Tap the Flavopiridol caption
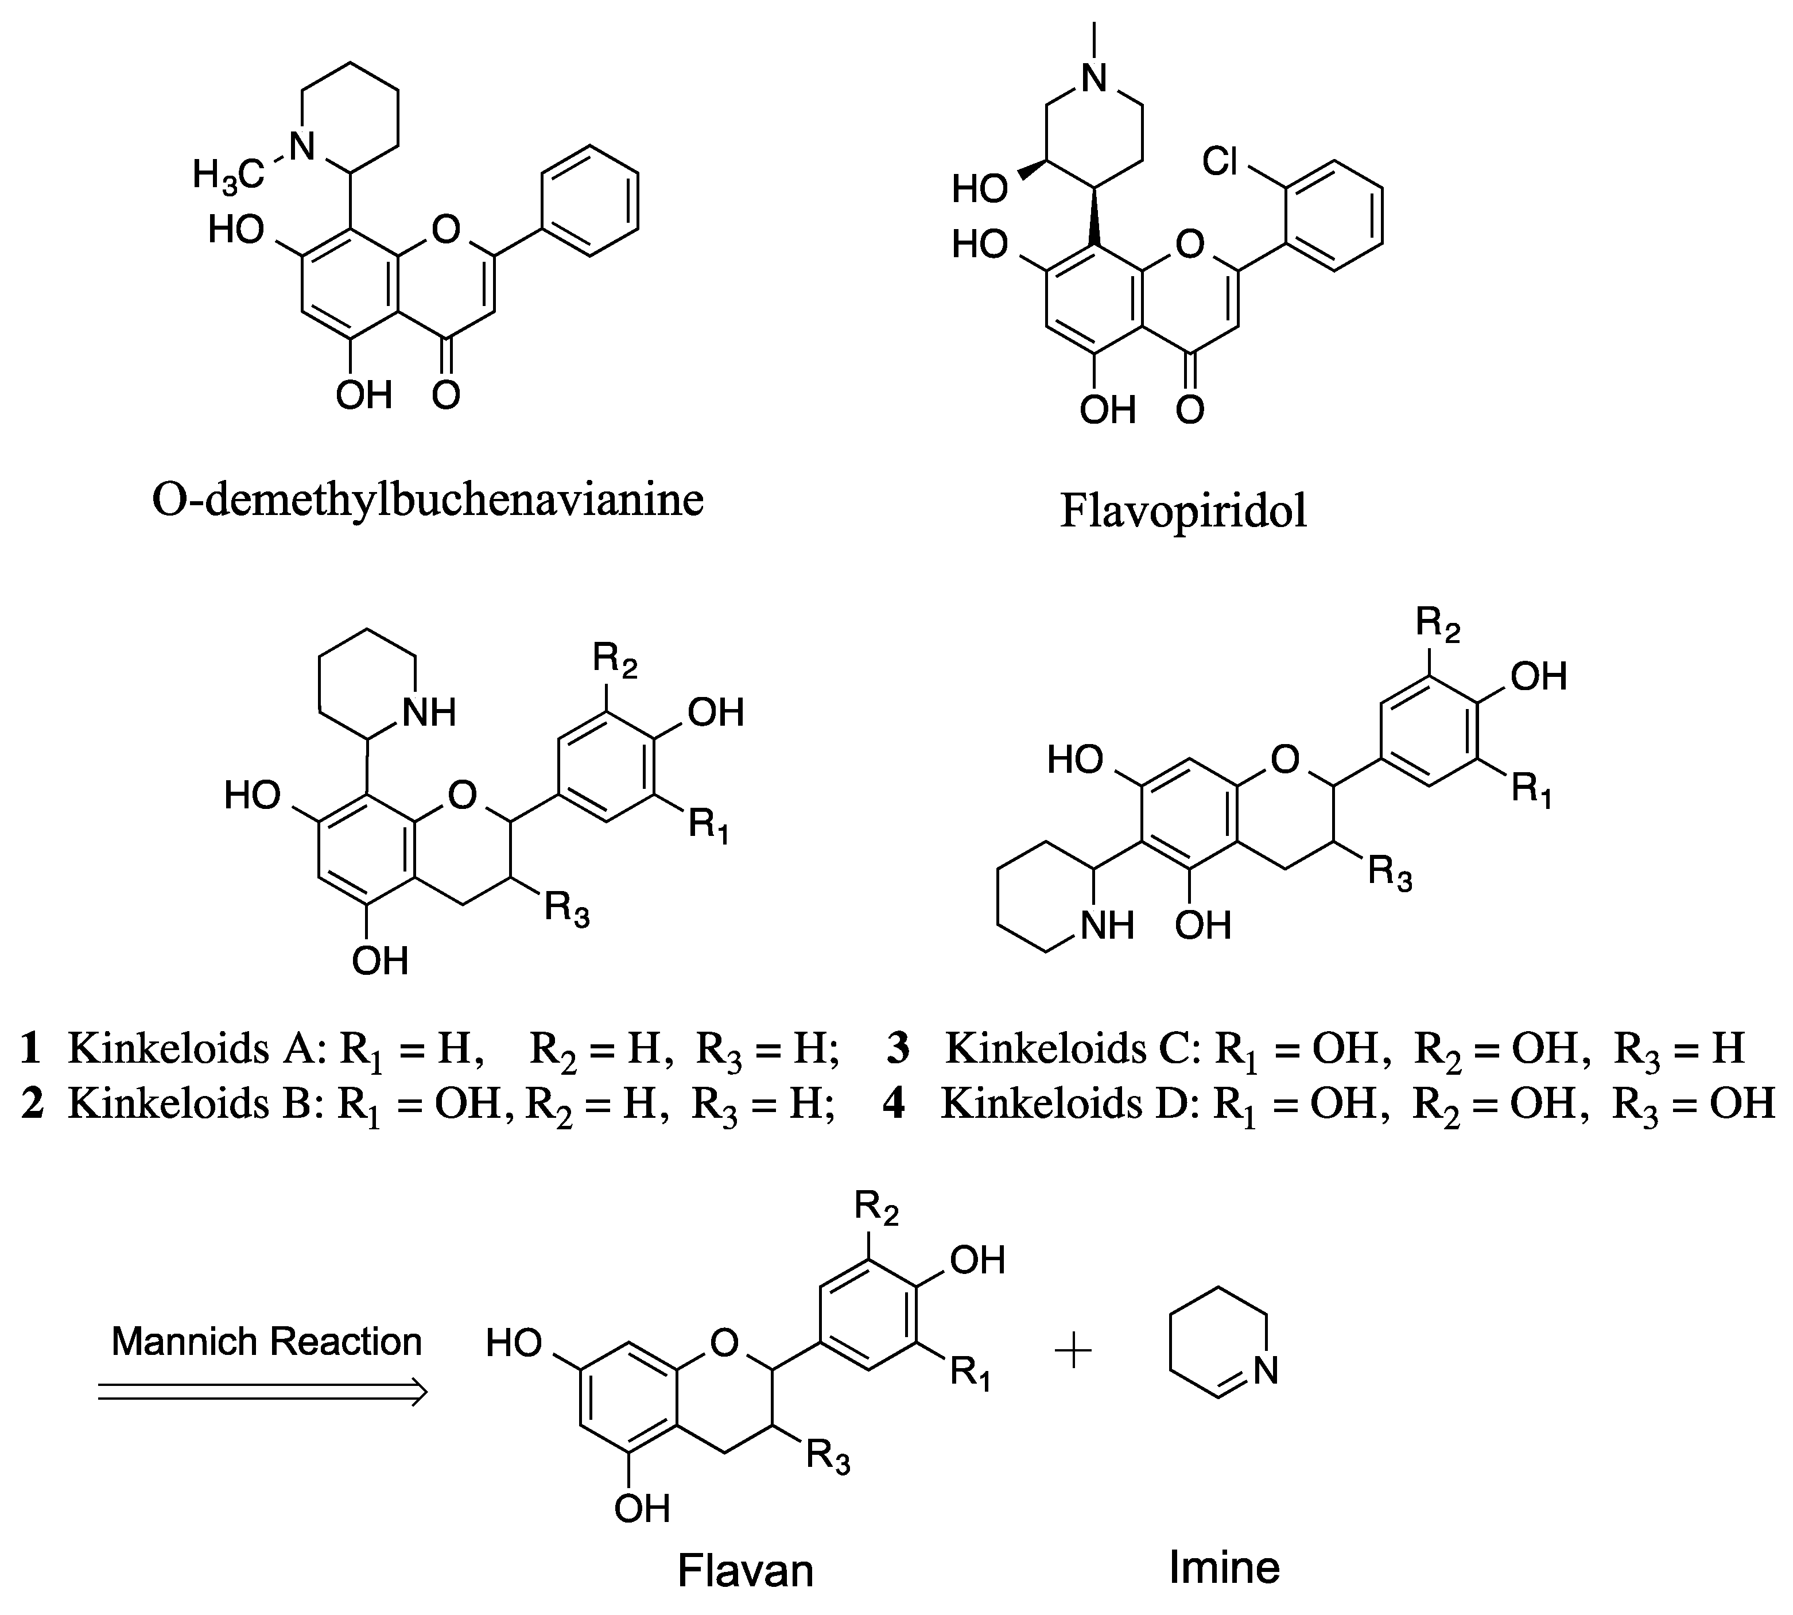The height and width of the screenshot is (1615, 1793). (1183, 512)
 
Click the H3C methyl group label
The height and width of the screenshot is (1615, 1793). (228, 175)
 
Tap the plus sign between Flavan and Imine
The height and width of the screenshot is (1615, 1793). (1073, 1353)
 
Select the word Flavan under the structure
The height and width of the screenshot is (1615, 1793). (745, 1570)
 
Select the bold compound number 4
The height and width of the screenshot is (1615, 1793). (894, 1103)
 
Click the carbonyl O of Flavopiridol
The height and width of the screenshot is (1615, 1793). (1190, 409)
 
